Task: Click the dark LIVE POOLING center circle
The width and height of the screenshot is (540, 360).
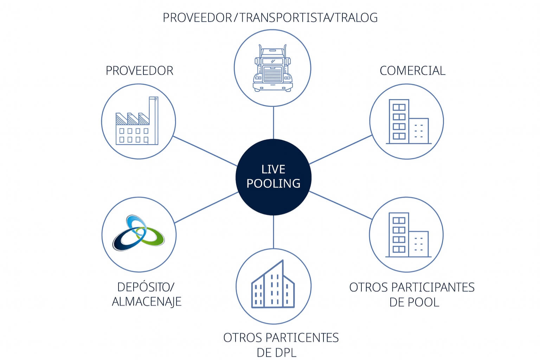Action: point(273,177)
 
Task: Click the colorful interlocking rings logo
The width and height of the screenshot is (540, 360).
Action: point(139,233)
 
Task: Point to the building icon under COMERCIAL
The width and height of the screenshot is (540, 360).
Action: point(408,122)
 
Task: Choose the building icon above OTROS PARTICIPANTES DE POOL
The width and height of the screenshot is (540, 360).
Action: point(408,234)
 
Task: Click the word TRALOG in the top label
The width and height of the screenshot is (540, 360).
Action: point(356,18)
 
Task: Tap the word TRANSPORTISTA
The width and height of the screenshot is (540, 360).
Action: point(283,18)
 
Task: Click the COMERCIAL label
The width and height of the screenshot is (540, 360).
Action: point(412,71)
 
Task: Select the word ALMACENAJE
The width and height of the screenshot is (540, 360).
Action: point(147,302)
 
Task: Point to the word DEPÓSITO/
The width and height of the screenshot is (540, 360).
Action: point(146,287)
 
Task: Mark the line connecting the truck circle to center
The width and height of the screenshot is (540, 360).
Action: point(273,123)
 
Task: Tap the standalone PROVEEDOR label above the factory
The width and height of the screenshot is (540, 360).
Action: point(140,71)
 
